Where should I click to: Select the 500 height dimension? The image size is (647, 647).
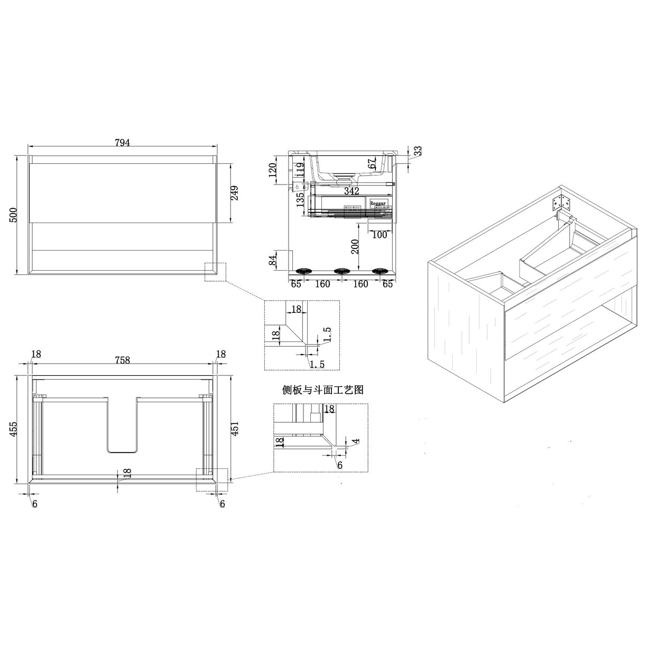coord(14,215)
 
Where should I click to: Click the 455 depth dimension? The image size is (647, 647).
coord(14,430)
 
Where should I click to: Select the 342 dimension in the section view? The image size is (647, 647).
coord(352,191)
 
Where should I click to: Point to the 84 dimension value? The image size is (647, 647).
coord(273,261)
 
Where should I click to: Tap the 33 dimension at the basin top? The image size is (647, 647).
coord(418,151)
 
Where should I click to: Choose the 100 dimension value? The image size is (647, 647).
coord(379,235)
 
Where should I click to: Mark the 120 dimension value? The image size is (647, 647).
coord(273,171)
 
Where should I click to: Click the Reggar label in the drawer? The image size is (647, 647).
coord(378,202)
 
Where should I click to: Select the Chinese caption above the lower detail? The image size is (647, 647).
coord(322,391)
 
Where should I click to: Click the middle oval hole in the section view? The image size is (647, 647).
coord(341,271)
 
